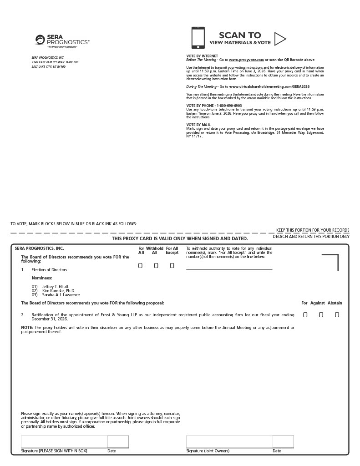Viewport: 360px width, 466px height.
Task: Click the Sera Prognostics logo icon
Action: click(40, 40)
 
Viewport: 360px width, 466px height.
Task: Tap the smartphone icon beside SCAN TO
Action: click(198, 38)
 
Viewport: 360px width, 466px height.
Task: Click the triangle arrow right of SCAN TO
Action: click(280, 39)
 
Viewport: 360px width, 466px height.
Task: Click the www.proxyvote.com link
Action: click(240, 60)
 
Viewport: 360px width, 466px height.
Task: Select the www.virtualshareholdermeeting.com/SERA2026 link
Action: click(269, 86)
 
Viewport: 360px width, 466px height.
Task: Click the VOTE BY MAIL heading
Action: click(198, 125)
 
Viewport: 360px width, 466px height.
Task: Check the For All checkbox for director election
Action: click(141, 266)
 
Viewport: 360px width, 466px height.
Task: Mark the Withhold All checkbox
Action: click(156, 266)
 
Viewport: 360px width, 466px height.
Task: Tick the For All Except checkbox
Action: click(172, 266)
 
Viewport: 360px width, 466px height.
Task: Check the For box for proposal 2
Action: click(305, 314)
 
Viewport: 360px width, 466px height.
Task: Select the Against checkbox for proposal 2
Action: click(321, 314)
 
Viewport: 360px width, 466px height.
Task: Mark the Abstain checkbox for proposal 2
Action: click(337, 314)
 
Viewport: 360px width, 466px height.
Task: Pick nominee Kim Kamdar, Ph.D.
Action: click(59, 291)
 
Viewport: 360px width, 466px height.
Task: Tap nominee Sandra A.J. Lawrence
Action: click(61, 295)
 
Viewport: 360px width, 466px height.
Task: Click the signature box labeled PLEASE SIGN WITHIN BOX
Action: click(64, 442)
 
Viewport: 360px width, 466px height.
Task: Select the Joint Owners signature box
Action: click(229, 442)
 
